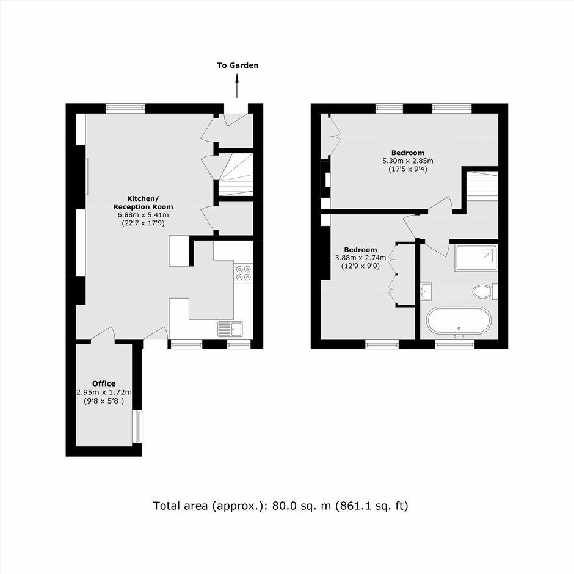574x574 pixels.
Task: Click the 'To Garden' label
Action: coord(238,65)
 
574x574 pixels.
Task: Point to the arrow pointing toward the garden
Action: coord(237,85)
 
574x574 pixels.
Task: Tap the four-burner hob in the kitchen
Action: coord(244,273)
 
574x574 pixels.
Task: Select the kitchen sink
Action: coord(230,329)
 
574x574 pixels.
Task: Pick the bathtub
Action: coord(459,321)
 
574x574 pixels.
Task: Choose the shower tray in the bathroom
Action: coord(476,258)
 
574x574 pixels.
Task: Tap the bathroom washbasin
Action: coord(426,291)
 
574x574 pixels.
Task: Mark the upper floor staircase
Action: coord(482,186)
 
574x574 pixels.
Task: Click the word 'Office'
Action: coord(104,383)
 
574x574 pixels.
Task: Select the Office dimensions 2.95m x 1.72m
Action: coord(104,393)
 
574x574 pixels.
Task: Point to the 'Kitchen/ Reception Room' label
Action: coord(143,203)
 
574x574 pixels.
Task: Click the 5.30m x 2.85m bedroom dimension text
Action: coord(408,161)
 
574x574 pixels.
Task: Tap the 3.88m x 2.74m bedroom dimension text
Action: coord(360,258)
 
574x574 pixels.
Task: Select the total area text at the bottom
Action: coord(280,506)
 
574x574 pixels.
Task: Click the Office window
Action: coord(137,426)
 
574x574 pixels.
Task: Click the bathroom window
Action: coord(455,344)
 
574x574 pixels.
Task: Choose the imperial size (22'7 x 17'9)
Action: coord(143,223)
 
